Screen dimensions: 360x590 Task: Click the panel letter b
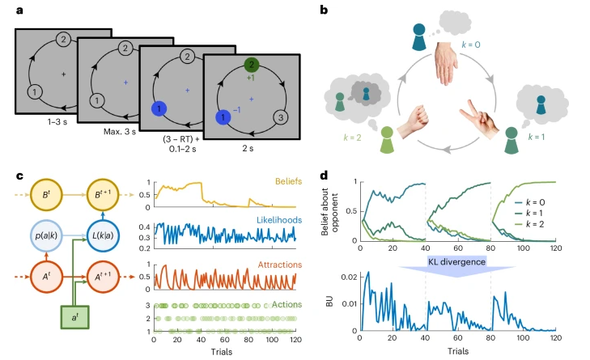click(325, 11)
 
